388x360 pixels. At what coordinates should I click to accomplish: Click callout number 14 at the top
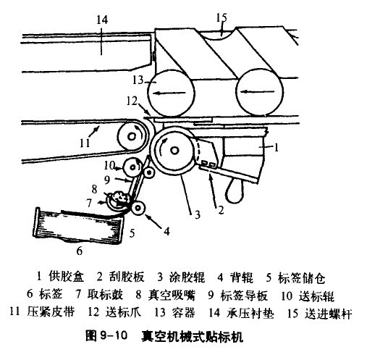102,20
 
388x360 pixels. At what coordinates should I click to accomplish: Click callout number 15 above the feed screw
222,17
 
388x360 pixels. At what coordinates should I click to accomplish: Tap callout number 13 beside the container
138,80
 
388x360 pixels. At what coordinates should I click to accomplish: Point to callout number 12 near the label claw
132,101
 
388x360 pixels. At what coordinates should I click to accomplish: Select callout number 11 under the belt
85,143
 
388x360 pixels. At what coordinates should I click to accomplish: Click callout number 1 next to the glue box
277,147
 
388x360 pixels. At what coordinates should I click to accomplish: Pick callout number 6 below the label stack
79,251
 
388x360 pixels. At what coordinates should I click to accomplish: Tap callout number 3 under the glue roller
197,214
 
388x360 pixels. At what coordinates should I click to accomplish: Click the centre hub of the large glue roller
174,150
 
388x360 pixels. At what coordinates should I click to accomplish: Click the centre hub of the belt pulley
132,136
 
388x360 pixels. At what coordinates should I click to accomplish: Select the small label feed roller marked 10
132,167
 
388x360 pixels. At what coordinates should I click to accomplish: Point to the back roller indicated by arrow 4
138,208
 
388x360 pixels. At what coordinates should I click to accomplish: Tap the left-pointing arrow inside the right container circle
258,91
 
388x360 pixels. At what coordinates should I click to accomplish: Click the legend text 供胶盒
67,277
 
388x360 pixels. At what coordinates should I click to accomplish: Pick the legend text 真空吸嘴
172,295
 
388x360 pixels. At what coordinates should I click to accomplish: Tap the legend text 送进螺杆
328,313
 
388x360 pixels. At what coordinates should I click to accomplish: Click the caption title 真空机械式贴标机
193,336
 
